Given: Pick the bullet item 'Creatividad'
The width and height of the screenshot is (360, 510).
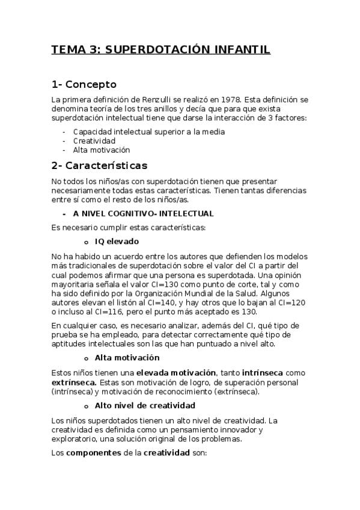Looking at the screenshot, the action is click(94, 141).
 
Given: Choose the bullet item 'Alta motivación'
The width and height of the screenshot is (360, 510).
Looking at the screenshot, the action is click(102, 150).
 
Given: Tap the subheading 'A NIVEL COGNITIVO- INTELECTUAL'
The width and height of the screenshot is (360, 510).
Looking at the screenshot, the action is click(143, 214).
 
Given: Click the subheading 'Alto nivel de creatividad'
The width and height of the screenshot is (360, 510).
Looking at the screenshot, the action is click(145, 405).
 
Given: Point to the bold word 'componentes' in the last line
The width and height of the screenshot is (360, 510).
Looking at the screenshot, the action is click(93, 453).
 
